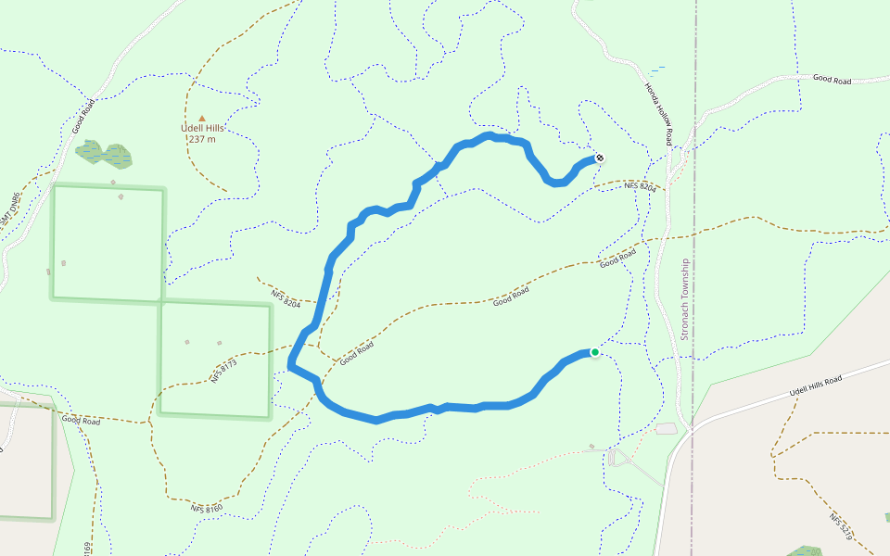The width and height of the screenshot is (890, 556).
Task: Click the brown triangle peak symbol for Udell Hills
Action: point(202,118)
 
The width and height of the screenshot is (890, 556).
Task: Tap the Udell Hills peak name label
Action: point(202,129)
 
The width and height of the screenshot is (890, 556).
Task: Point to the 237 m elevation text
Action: point(202,140)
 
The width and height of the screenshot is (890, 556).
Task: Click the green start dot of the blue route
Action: point(594,352)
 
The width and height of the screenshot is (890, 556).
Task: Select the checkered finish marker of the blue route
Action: point(600,158)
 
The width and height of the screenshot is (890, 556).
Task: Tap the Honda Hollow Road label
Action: point(657,113)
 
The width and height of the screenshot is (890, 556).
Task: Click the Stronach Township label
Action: point(685,298)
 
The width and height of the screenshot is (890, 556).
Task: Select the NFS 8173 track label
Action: point(223,370)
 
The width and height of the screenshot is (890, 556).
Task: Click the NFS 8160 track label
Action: point(208,508)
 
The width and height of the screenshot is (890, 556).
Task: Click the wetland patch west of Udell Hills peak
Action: point(103,153)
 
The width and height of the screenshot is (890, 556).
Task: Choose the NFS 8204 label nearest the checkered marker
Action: point(640,187)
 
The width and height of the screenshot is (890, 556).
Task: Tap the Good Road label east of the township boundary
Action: point(832,81)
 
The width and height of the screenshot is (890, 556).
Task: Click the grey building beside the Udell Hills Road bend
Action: point(666,429)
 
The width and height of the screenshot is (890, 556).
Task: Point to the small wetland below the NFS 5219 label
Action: point(805,550)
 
